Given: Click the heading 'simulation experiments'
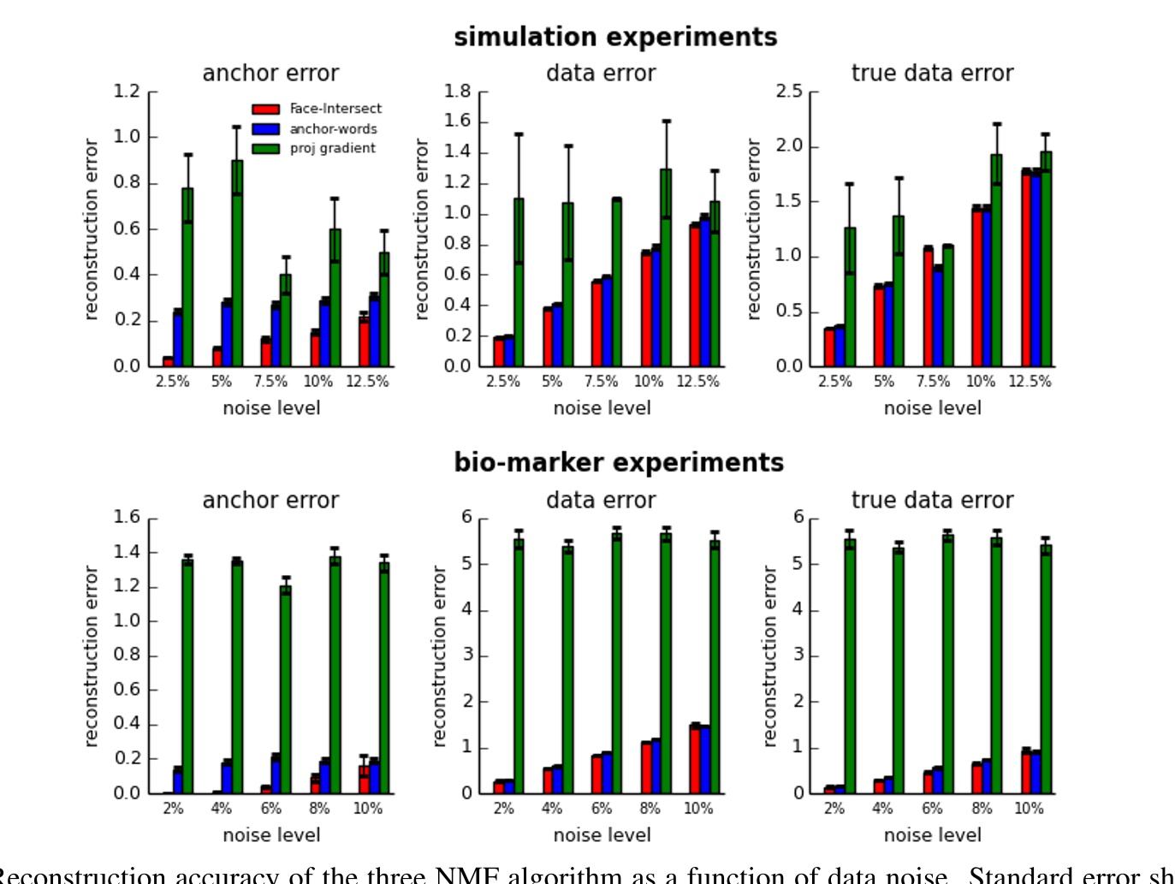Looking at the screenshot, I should (x=615, y=37).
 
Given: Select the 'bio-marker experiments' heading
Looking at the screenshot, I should (x=618, y=462).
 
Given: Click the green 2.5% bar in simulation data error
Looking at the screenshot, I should (x=519, y=282).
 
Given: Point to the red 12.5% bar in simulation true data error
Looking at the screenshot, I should (x=1026, y=269).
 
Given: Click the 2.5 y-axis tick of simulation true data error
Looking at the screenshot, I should (x=789, y=92).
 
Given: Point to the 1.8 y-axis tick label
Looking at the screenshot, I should (x=457, y=92).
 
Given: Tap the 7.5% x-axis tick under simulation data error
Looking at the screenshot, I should (x=601, y=382).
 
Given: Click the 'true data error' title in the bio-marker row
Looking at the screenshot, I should (x=932, y=501).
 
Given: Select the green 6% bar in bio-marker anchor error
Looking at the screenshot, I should (x=286, y=689).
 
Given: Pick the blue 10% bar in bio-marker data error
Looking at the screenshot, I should (x=705, y=760).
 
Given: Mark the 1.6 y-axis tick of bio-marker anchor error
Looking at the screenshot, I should (x=127, y=518).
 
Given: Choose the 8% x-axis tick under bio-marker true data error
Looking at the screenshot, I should (x=981, y=809).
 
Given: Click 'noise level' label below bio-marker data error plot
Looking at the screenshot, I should (x=602, y=835).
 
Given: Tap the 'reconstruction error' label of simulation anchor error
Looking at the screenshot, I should (x=91, y=229).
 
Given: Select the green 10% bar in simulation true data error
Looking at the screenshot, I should (x=996, y=260).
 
